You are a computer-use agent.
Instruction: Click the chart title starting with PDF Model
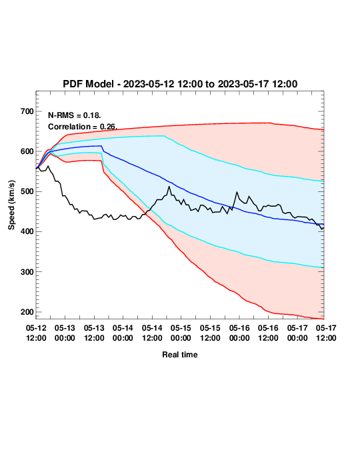point(180,84)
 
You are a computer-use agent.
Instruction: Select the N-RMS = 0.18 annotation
point(75,115)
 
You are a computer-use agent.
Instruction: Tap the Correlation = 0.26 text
point(83,127)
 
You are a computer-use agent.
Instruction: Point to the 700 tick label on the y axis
point(27,111)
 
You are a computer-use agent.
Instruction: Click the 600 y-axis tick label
point(27,151)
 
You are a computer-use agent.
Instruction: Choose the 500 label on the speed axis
point(27,191)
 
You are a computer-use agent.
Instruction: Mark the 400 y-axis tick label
point(27,232)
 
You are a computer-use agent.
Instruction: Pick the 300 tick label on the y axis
point(27,272)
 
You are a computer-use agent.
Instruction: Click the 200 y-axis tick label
point(27,312)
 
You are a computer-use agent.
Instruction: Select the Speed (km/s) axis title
point(11,205)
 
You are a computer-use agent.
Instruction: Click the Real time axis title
point(180,355)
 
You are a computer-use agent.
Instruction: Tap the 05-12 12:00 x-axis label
point(36,333)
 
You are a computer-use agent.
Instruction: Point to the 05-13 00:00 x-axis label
point(65,333)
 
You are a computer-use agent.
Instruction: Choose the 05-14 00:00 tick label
point(123,333)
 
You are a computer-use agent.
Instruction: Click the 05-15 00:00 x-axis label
point(181,333)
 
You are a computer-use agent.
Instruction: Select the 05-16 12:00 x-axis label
point(268,333)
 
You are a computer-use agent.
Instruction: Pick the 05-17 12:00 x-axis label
point(326,333)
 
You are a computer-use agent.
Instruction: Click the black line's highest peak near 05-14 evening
point(169,187)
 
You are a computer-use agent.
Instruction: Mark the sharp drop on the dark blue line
point(103,149)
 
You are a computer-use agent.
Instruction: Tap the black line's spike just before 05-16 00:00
point(237,192)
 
